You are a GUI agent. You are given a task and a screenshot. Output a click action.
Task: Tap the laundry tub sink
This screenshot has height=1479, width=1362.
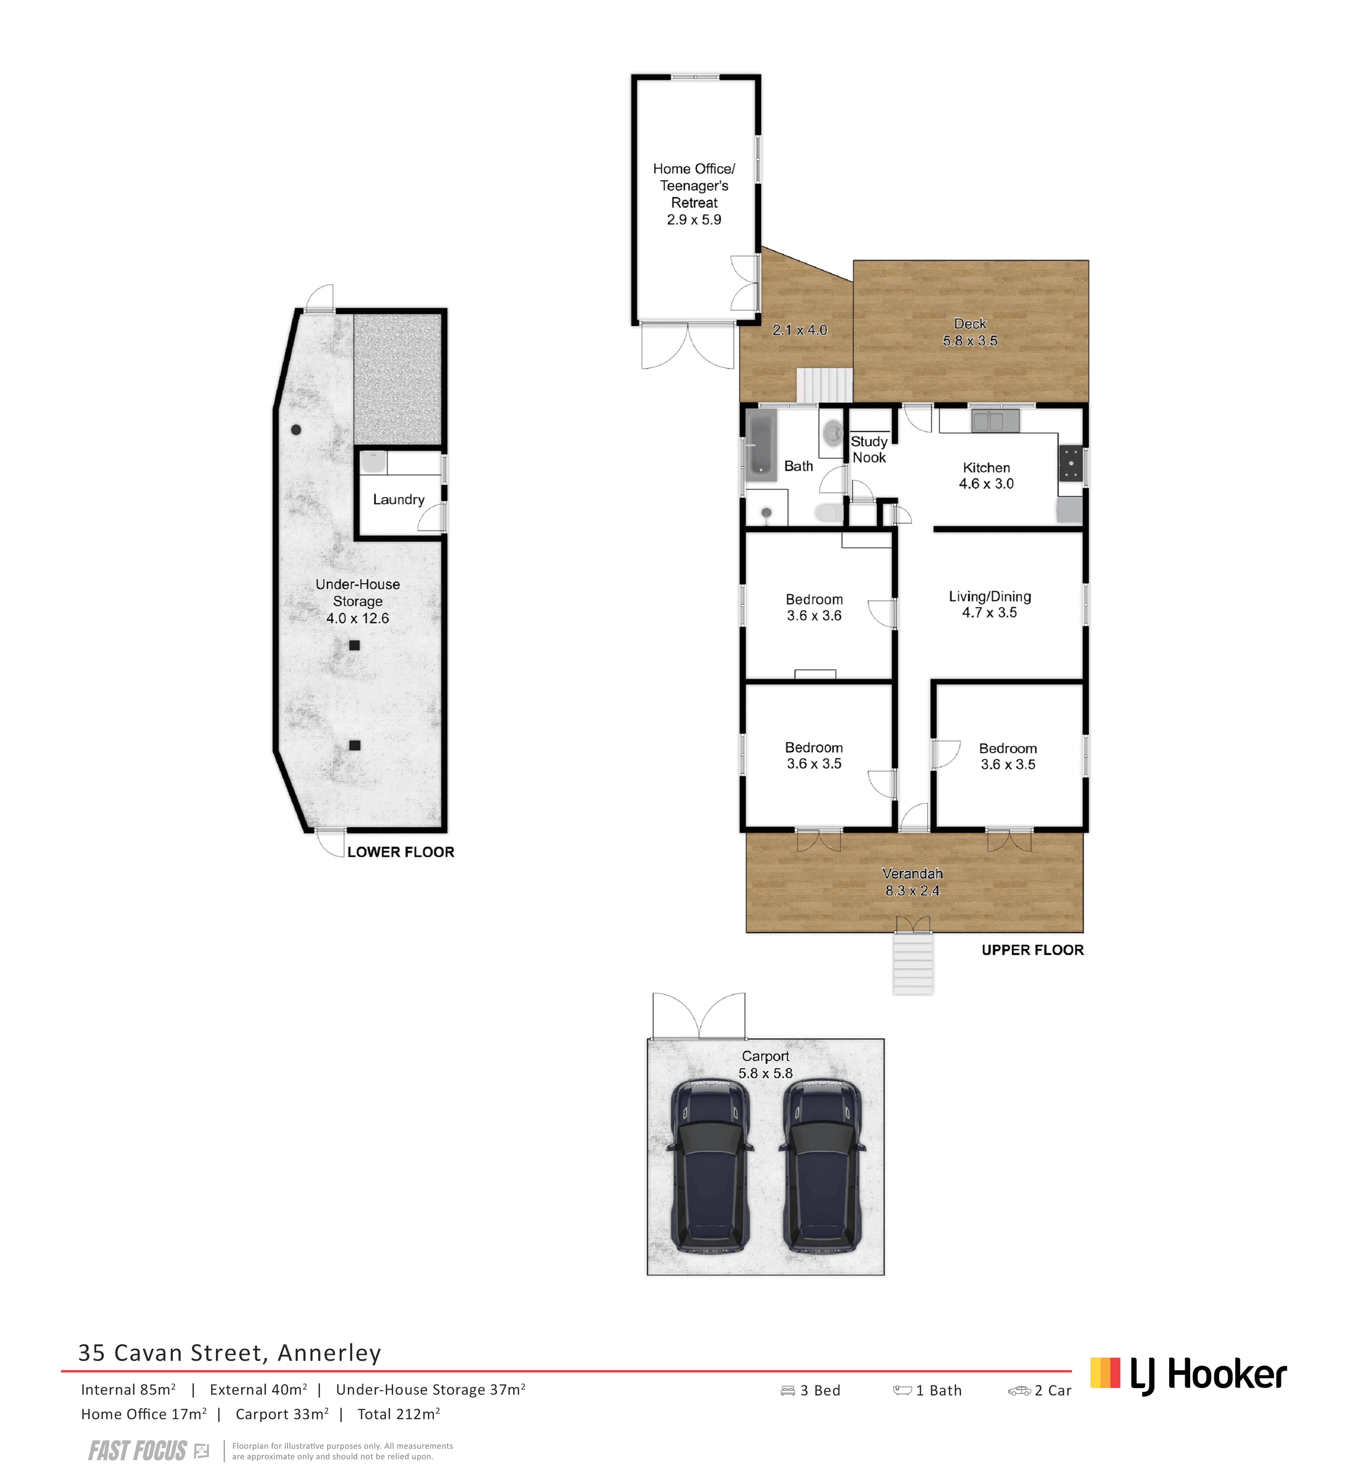click(x=374, y=462)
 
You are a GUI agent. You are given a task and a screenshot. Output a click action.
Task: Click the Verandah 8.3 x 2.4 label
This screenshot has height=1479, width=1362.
click(x=912, y=882)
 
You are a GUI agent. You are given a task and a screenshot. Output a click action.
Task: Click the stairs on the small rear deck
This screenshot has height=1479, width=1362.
click(x=824, y=385)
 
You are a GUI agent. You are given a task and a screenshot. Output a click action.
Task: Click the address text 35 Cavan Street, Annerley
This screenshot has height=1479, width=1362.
click(x=230, y=1353)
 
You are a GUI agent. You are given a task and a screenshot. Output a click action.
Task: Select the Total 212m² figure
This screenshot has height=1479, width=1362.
click(x=399, y=1414)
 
